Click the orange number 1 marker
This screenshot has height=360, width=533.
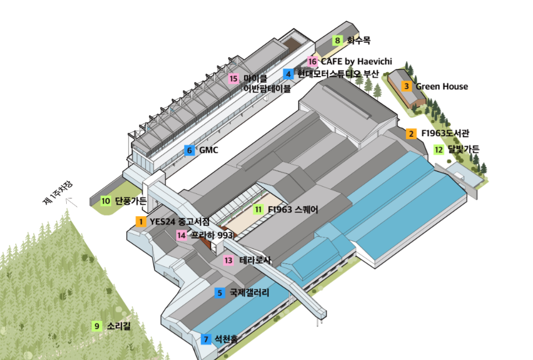[x=141, y=222]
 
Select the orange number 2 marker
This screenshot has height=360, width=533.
[x=411, y=133]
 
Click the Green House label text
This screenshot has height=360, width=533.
[x=442, y=86]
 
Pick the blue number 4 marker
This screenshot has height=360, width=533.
[x=288, y=73]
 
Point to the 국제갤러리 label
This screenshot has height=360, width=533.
[x=249, y=292]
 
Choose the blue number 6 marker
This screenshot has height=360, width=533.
[x=190, y=150]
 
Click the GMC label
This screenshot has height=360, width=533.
[x=208, y=150]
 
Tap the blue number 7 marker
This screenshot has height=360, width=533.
[x=206, y=338]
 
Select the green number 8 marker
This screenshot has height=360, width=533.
[x=337, y=40]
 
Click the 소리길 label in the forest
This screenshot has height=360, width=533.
[x=119, y=326]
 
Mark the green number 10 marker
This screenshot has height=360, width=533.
[x=106, y=201]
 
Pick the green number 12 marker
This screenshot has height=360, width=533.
[x=439, y=149]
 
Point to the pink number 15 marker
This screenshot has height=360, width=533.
[x=233, y=78]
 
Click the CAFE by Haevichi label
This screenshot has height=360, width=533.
[x=356, y=61]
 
